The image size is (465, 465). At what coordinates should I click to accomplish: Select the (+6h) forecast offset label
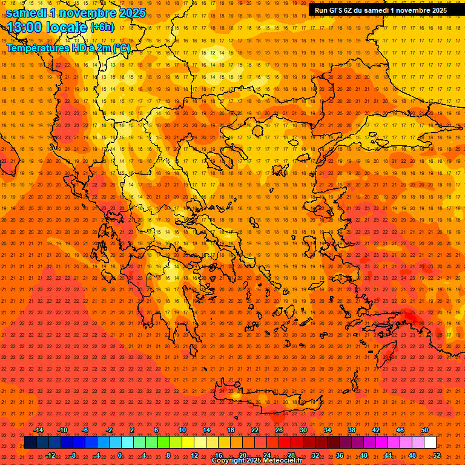pos(101,27)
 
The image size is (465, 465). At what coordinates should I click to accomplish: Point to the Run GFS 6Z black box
pos(381,10)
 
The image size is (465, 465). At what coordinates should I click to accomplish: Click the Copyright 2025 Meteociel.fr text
pos(257,461)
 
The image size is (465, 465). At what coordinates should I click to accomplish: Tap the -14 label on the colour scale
pos(38,430)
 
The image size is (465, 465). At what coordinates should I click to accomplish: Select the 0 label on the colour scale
pos(120,455)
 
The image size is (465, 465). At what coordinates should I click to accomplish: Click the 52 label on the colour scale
pos(436,455)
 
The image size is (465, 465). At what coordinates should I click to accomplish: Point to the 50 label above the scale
pos(424,430)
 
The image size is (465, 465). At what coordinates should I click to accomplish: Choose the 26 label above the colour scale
pos(279,430)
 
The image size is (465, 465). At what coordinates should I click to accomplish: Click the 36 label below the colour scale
pos(340,455)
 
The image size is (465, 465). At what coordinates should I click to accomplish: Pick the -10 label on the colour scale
pos(62,430)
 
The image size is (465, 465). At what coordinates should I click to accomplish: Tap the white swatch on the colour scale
pos(430,443)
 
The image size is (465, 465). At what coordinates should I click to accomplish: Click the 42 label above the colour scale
pos(376,430)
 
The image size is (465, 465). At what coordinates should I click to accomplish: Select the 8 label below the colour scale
pos(168,455)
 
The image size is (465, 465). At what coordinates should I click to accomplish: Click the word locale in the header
pos(66,27)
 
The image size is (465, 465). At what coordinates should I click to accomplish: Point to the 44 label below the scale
pos(388,455)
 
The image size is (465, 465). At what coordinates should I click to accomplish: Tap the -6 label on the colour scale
pos(85,430)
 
